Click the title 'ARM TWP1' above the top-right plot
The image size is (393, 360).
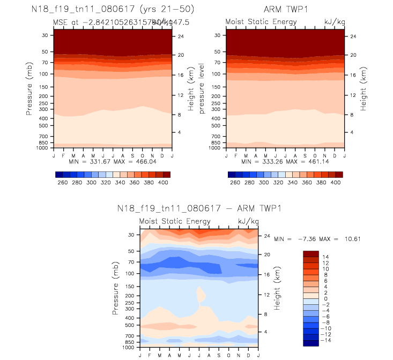click(x=285, y=10)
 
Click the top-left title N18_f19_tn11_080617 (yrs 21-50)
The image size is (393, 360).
click(x=112, y=10)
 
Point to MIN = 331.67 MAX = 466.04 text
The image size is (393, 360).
click(x=113, y=161)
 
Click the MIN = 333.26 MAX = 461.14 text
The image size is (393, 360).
click(x=285, y=161)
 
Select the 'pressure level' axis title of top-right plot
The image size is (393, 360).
click(x=202, y=88)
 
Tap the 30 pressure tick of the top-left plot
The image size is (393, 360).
click(x=45, y=35)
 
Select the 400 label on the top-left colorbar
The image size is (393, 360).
click(x=164, y=183)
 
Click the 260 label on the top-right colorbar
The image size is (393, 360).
click(x=235, y=183)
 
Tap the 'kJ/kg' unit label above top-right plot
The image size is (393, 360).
click(x=332, y=21)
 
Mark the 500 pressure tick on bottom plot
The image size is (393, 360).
click(x=132, y=325)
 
